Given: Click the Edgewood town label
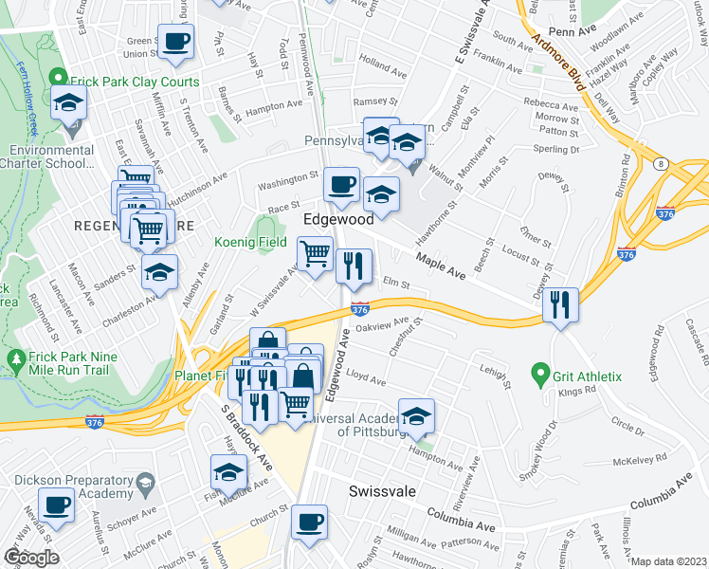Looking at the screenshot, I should pyautogui.click(x=339, y=219).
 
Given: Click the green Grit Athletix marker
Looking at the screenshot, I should pyautogui.click(x=541, y=376).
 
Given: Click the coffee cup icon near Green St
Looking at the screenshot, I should pyautogui.click(x=175, y=42).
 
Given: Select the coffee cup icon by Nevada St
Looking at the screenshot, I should pyautogui.click(x=56, y=504).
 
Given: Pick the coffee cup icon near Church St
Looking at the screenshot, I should pyautogui.click(x=309, y=521).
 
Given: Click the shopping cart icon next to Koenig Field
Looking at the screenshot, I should pyautogui.click(x=315, y=253).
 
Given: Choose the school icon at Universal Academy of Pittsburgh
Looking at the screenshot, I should pyautogui.click(x=416, y=415).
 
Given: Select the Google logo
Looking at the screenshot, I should pyautogui.click(x=31, y=557).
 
